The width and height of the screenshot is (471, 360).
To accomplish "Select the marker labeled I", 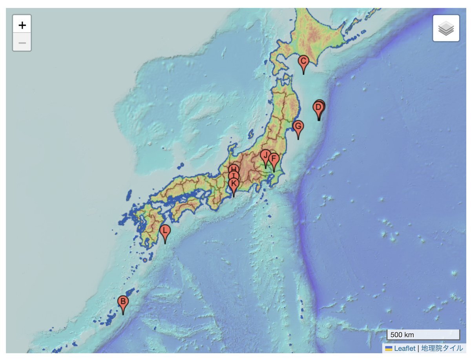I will (234, 176).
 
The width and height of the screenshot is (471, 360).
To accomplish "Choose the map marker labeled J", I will (265, 155).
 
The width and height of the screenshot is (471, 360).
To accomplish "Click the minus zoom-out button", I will (22, 43).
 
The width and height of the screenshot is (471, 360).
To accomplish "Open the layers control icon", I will (446, 28).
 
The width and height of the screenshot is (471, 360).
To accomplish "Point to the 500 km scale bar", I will (423, 335).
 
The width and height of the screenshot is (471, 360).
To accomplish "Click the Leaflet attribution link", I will (404, 348).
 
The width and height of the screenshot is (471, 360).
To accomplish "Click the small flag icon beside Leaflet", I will (389, 348).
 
